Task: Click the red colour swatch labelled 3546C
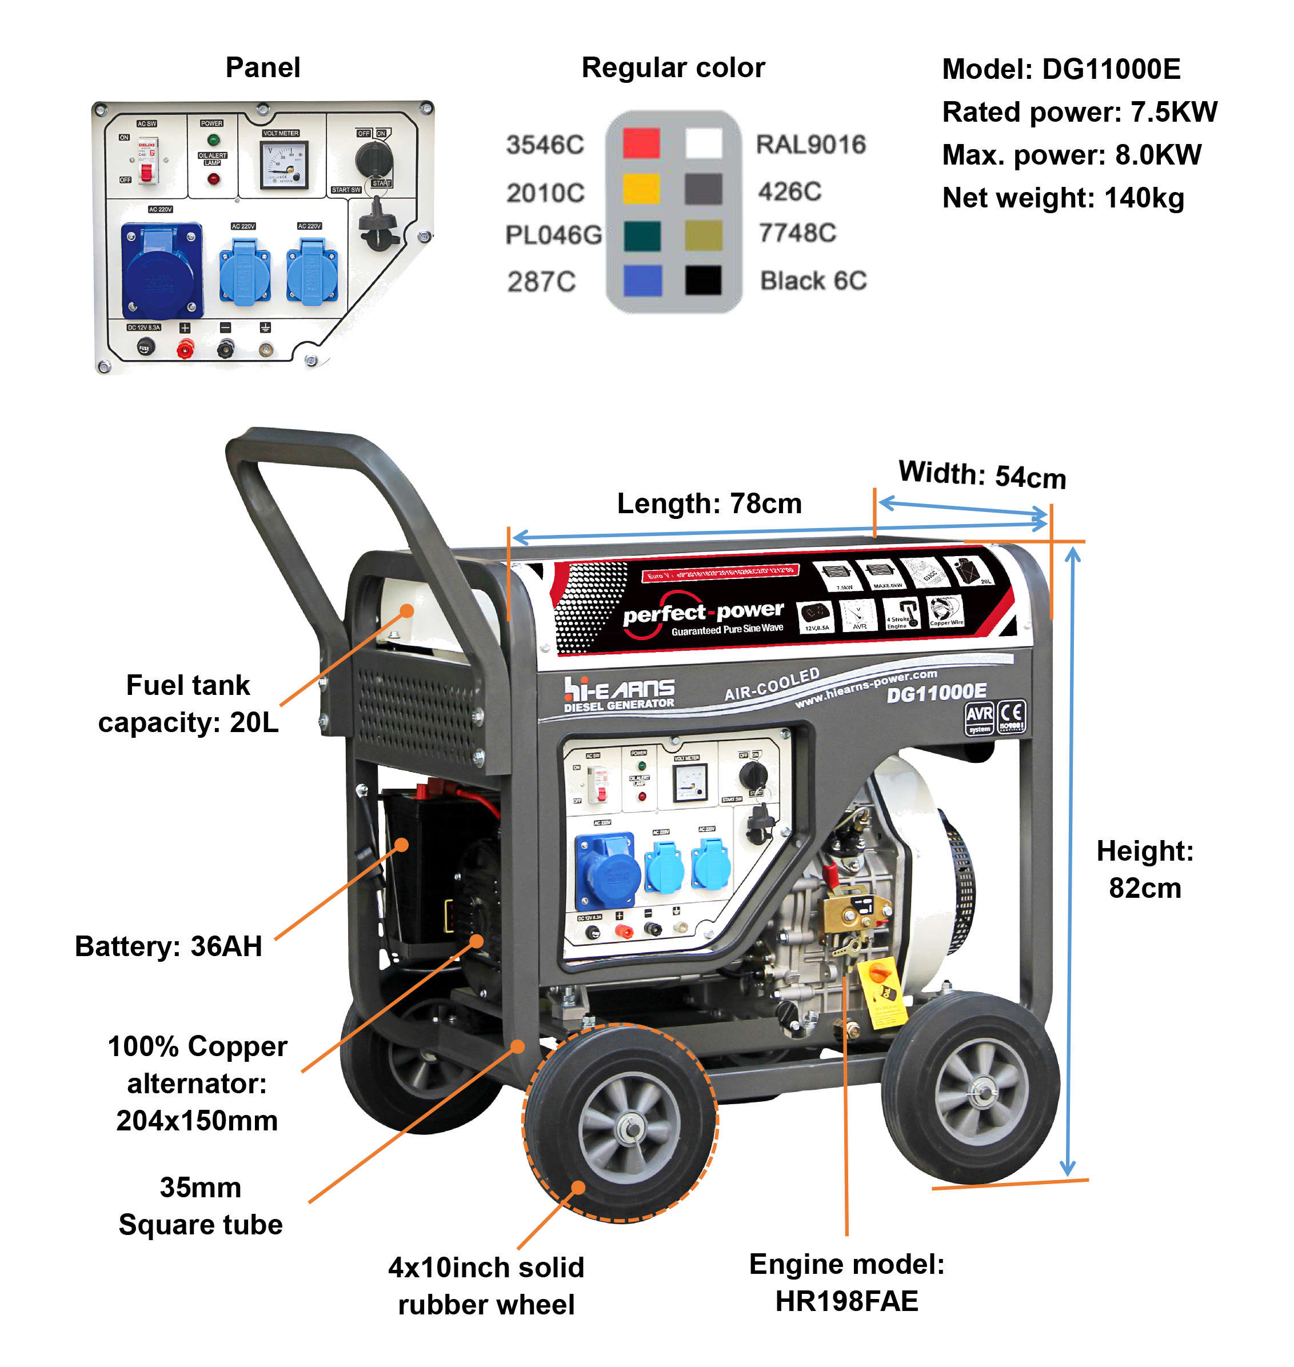tap(641, 143)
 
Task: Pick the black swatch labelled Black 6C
tap(703, 280)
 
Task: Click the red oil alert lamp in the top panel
tap(214, 179)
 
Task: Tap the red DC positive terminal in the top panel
tap(184, 349)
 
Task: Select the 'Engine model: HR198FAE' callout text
tap(846, 1282)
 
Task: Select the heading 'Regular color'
tap(673, 68)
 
